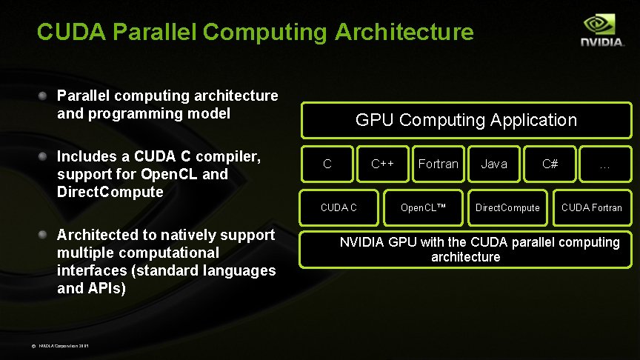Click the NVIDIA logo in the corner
[601, 31]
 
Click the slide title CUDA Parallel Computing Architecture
[255, 32]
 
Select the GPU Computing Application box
[466, 120]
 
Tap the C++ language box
[382, 164]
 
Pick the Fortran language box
[438, 164]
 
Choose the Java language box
[494, 164]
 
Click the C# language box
[550, 164]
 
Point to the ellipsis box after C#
[604, 164]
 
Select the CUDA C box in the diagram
[339, 207]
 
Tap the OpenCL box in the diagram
[423, 207]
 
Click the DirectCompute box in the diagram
[507, 207]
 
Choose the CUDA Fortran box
[592, 207]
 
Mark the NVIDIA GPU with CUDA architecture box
[466, 250]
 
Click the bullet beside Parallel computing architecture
[44, 96]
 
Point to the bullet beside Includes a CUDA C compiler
[44, 156]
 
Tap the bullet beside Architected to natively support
[44, 235]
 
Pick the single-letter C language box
[327, 164]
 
